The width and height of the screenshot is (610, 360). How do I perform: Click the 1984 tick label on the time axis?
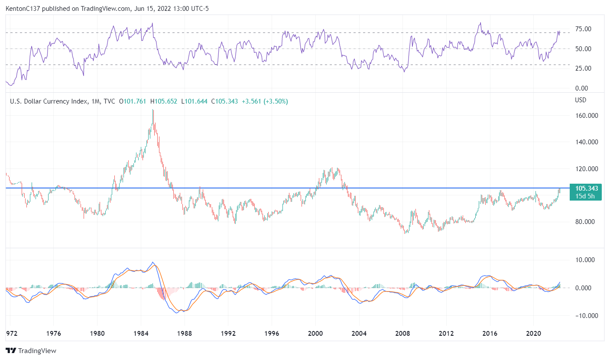click(x=140, y=334)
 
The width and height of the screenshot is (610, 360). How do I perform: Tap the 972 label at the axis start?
click(x=11, y=334)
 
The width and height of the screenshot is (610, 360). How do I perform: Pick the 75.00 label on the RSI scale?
click(x=583, y=29)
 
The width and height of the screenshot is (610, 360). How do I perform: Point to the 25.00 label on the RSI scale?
click(x=583, y=68)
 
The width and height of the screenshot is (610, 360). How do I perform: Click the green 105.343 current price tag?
click(x=587, y=188)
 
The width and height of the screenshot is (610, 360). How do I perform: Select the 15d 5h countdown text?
click(x=585, y=196)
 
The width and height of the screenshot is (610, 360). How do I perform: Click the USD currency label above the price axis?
click(x=580, y=100)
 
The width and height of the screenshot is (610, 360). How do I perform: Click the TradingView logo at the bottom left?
click(x=31, y=351)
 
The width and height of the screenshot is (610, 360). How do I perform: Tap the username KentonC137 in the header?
click(x=23, y=9)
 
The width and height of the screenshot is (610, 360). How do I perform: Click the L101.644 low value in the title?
click(x=196, y=101)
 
